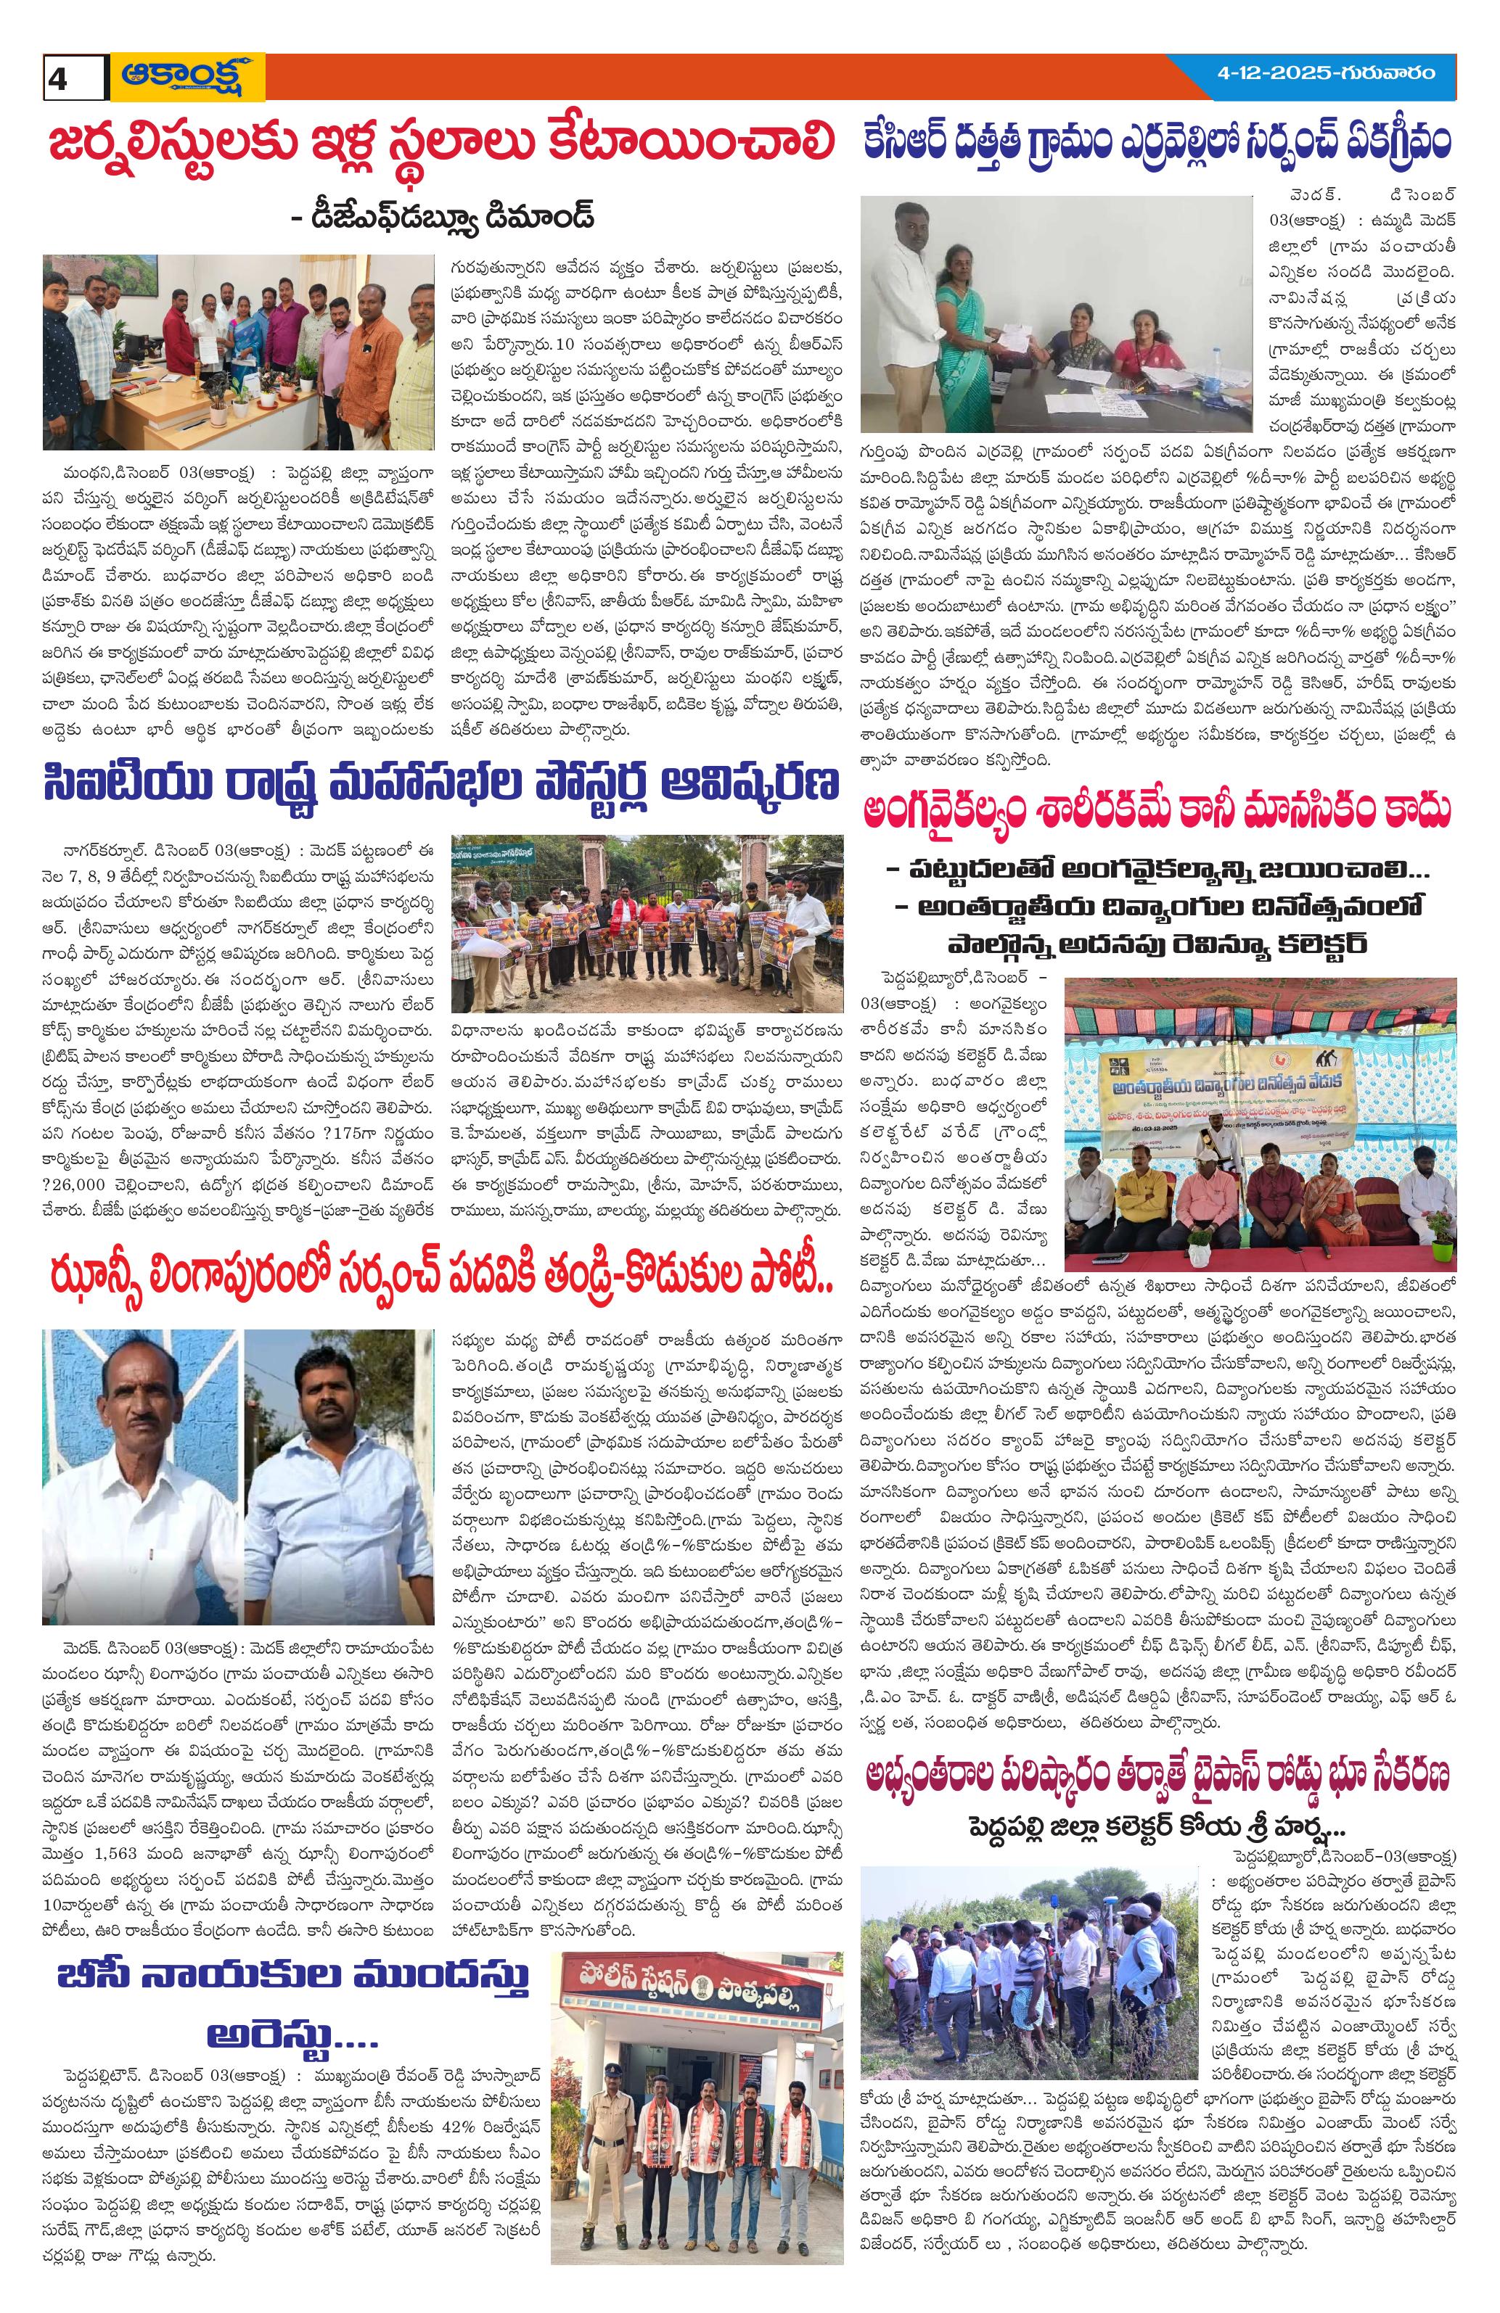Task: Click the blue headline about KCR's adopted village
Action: pos(1157,143)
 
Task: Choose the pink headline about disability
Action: pos(1157,812)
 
